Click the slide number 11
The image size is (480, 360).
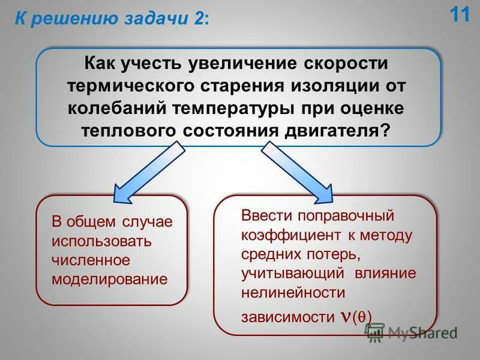point(460,14)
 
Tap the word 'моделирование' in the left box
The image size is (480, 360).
point(109,280)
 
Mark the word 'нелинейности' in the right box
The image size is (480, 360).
point(293,293)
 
